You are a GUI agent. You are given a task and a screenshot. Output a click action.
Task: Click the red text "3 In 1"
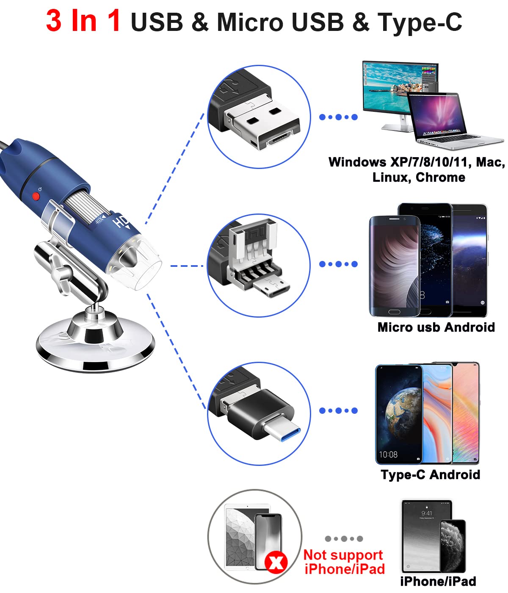point(83,21)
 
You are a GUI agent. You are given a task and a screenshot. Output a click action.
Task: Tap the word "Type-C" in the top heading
point(420,22)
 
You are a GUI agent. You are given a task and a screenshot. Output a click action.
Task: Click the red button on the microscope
point(36,197)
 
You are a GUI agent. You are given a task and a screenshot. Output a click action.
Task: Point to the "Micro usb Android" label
point(436,327)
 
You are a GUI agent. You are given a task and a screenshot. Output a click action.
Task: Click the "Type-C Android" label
point(430,474)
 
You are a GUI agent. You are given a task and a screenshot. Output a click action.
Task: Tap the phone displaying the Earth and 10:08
point(398,415)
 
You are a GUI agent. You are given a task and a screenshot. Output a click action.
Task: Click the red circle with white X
point(276,563)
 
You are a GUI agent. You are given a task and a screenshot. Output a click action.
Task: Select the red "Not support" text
point(343,555)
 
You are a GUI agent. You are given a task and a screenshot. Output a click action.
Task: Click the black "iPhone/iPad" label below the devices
point(438,581)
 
